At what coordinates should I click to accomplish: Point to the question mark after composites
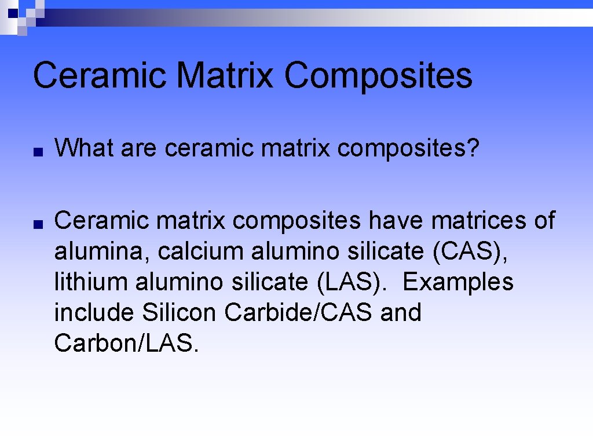click(x=474, y=148)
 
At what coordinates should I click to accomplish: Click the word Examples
click(x=457, y=282)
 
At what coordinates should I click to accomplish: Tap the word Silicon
click(x=179, y=313)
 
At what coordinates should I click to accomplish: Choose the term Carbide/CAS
click(x=299, y=313)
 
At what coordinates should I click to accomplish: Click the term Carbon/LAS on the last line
click(x=126, y=344)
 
